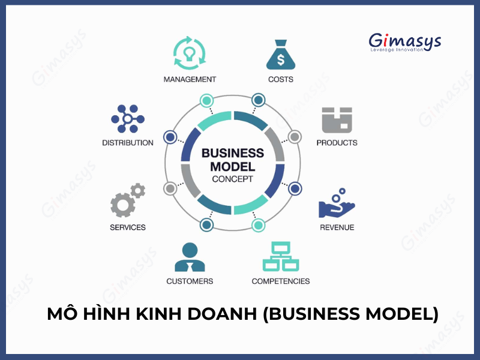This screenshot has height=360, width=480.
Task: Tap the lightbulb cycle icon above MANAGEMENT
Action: [x=190, y=53]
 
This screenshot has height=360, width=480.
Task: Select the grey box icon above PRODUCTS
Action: [x=337, y=120]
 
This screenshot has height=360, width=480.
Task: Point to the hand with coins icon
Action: [x=337, y=203]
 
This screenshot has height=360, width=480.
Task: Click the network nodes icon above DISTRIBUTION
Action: [x=128, y=119]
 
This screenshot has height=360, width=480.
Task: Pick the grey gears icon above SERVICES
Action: [x=128, y=200]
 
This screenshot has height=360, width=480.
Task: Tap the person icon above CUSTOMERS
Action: [x=190, y=257]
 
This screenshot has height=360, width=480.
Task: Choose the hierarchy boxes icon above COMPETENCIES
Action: [x=281, y=257]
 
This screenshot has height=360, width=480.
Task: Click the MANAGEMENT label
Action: [x=190, y=80]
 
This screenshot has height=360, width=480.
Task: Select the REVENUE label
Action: [x=337, y=227]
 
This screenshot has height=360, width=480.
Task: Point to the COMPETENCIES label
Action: [x=281, y=281]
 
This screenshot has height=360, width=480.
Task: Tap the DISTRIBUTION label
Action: [x=128, y=143]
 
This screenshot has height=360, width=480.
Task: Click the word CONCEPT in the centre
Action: [x=233, y=179]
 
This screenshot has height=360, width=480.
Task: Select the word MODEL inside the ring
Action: [x=233, y=167]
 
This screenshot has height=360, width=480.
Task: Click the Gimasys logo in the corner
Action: [x=404, y=42]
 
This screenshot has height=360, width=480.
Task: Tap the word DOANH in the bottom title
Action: [x=222, y=314]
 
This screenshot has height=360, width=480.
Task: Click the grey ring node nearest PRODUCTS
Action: [x=295, y=137]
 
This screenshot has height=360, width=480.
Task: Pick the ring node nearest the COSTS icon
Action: [x=259, y=100]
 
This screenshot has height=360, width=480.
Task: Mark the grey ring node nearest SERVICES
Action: [x=170, y=188]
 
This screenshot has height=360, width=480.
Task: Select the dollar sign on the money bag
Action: [x=281, y=59]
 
